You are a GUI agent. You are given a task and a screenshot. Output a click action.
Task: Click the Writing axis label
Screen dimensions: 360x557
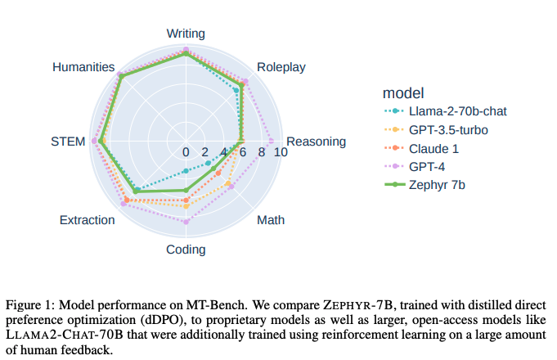pos(186,34)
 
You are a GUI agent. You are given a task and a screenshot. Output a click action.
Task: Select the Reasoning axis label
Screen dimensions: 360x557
pos(316,142)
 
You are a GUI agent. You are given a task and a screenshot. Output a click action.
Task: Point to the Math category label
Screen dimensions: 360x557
pos(271,220)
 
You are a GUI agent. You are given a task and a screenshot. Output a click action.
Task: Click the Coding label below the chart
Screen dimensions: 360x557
pos(186,250)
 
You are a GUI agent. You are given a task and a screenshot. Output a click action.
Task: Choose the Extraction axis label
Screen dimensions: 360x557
pos(87,220)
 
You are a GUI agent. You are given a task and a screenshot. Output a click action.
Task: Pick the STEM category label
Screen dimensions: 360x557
pos(68,142)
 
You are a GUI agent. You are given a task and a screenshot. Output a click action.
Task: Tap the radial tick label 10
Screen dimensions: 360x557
pos(281,152)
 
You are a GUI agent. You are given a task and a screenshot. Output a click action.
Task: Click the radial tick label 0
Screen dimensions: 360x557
pos(186,152)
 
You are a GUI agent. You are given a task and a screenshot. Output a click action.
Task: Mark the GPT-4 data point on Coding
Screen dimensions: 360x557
pos(186,222)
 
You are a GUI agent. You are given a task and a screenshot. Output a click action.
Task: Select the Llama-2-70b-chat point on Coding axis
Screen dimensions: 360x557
pos(186,170)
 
